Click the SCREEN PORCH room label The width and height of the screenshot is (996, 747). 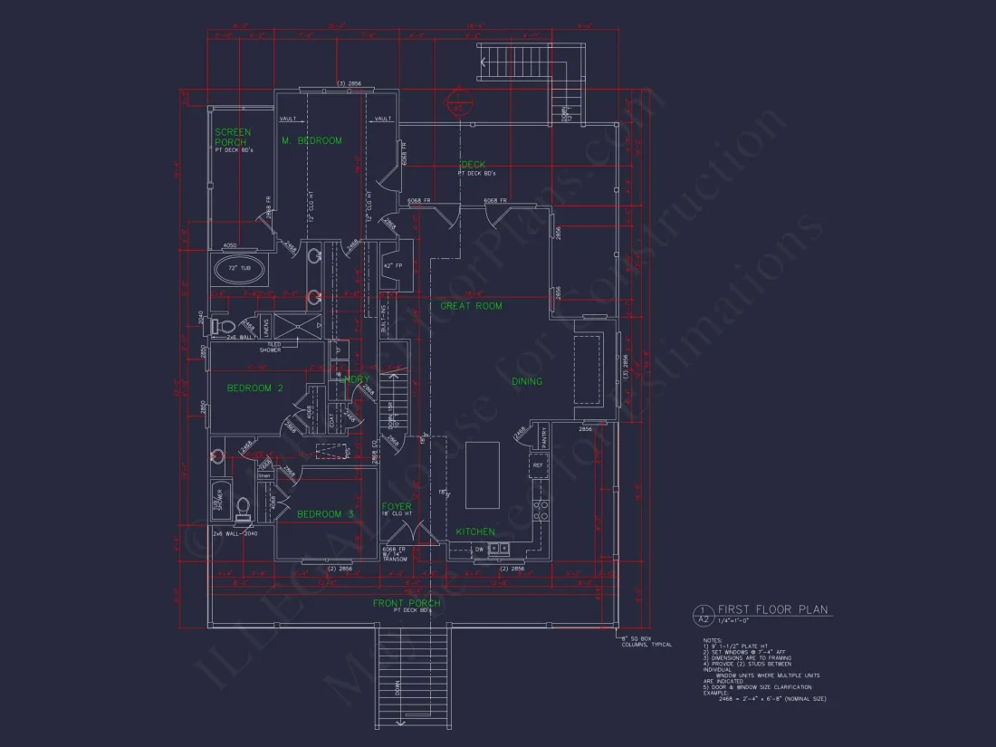point(233,137)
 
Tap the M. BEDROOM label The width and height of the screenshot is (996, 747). point(311,140)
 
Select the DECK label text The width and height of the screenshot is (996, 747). point(473,165)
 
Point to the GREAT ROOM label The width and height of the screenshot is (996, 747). point(471,306)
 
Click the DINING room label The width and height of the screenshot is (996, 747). point(527,381)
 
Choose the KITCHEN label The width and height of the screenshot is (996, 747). point(475,532)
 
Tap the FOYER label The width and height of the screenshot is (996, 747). point(397,506)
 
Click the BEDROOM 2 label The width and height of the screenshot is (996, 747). point(255,388)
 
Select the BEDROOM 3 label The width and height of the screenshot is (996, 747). point(325,514)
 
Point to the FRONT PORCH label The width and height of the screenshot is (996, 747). point(407,603)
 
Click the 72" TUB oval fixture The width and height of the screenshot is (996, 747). point(239,269)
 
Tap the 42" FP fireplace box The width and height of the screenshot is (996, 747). point(393,265)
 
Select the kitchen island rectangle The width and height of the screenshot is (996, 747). point(483,474)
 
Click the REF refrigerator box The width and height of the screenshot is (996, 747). point(538,465)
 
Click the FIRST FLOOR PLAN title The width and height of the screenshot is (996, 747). point(772,610)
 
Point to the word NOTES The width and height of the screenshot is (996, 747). point(713,640)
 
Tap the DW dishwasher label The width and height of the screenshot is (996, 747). point(479,549)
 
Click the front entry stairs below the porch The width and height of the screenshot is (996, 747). point(413,675)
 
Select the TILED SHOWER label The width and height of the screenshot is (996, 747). point(270,347)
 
